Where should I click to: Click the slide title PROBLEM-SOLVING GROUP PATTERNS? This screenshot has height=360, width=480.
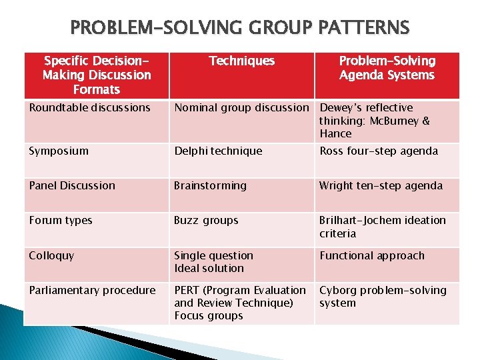tap(240, 28)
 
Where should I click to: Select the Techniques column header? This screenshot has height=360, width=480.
tap(241, 61)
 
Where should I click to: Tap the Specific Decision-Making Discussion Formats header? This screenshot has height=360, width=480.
tap(97, 75)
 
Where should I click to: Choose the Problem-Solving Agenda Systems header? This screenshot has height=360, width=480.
tap(387, 68)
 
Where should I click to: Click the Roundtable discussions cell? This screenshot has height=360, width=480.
tap(90, 108)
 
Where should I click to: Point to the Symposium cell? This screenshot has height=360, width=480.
tap(59, 151)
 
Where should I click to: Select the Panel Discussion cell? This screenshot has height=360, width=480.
tap(72, 186)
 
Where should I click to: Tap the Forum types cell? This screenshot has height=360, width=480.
tap(61, 221)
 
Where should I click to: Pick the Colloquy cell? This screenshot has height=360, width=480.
tap(51, 255)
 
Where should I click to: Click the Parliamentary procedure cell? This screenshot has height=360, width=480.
tap(92, 291)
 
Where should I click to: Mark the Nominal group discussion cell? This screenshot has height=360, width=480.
tap(241, 108)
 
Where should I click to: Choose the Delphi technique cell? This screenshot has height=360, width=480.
tap(218, 151)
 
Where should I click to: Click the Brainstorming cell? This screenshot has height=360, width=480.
tap(210, 186)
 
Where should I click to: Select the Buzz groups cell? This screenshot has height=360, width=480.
tap(206, 221)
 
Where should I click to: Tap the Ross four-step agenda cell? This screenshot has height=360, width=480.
tap(379, 151)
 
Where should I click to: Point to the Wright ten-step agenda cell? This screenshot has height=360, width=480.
tap(381, 186)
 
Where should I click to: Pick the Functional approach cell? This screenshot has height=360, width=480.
tap(372, 255)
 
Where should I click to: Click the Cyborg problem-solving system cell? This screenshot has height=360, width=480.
tap(383, 297)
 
